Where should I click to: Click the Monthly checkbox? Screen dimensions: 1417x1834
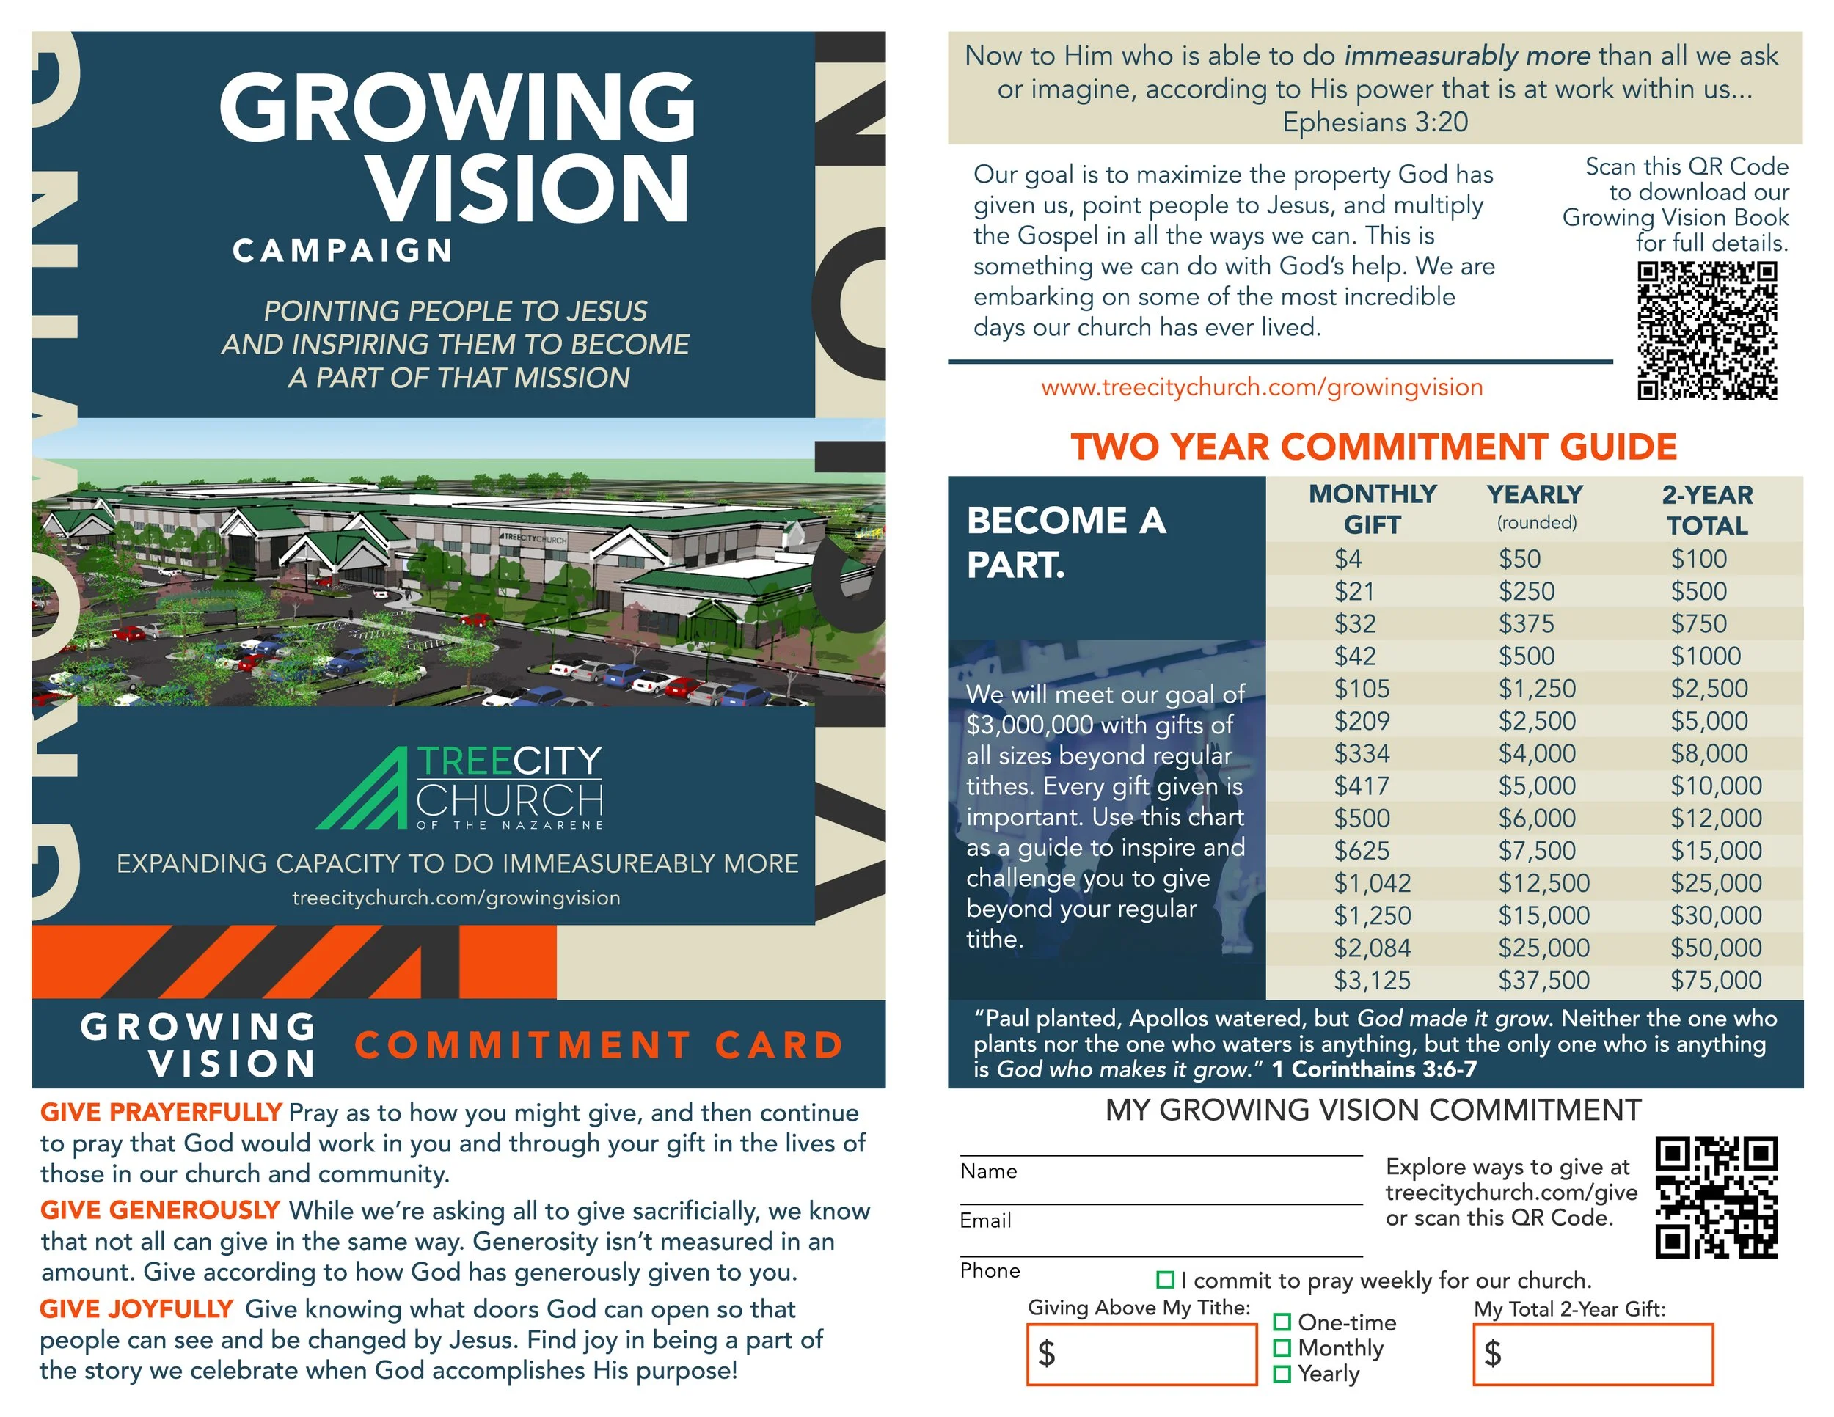(1282, 1348)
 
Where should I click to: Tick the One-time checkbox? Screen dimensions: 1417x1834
(1282, 1322)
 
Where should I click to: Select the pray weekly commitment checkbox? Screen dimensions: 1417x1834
(1165, 1279)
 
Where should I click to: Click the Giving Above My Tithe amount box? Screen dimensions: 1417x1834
(1141, 1353)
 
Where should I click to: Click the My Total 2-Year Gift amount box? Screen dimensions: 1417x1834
(1592, 1353)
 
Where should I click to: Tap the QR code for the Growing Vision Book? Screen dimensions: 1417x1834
(1706, 331)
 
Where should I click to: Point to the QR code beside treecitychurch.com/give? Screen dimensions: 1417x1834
(1716, 1197)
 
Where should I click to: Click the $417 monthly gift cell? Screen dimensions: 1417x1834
(1362, 786)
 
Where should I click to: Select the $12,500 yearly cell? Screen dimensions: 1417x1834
(1543, 883)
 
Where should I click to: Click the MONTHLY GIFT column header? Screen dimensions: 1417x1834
(1372, 509)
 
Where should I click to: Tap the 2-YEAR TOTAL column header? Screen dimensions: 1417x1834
(1706, 510)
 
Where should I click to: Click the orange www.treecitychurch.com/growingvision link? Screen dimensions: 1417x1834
(1261, 387)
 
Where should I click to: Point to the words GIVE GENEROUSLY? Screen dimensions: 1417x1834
(159, 1209)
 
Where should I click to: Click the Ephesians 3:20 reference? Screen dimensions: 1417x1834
(1375, 122)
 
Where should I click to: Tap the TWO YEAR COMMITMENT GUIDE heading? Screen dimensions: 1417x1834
(1374, 447)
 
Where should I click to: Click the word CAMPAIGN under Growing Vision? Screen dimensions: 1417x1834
(343, 250)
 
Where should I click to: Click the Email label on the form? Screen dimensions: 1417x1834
(985, 1220)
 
